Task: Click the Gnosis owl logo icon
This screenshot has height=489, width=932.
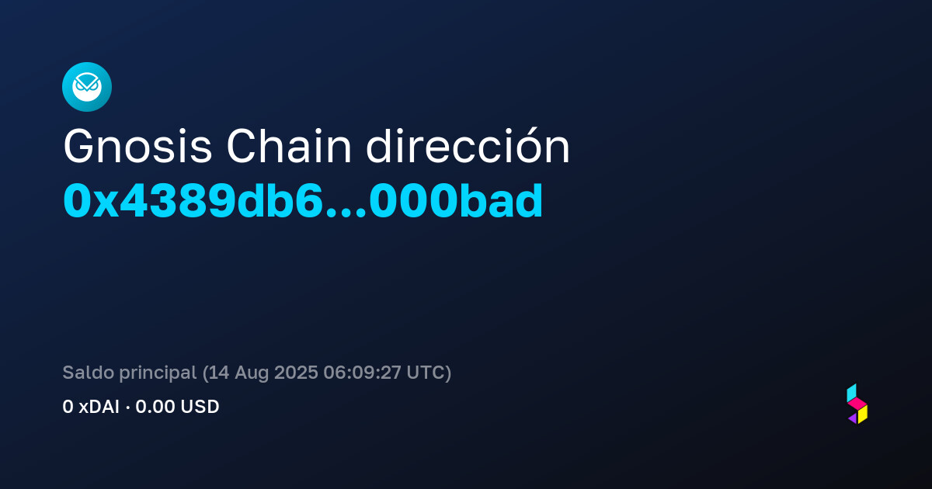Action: (x=87, y=87)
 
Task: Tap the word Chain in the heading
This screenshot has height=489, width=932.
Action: (x=289, y=146)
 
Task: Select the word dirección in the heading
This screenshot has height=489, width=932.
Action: (x=468, y=146)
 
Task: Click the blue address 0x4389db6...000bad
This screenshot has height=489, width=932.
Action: (x=303, y=201)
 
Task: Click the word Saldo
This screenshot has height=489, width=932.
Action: (x=89, y=372)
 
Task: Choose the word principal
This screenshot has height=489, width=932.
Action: (x=158, y=373)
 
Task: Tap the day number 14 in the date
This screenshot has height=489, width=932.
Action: (x=219, y=372)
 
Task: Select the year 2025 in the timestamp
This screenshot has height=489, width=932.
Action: (x=296, y=372)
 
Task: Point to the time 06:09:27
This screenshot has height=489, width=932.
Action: (x=362, y=372)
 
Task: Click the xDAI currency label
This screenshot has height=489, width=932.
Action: (x=99, y=407)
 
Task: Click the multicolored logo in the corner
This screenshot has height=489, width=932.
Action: (x=857, y=404)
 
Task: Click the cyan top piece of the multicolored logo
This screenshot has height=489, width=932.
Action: (x=851, y=393)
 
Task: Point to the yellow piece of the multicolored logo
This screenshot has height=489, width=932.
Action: (x=863, y=414)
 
